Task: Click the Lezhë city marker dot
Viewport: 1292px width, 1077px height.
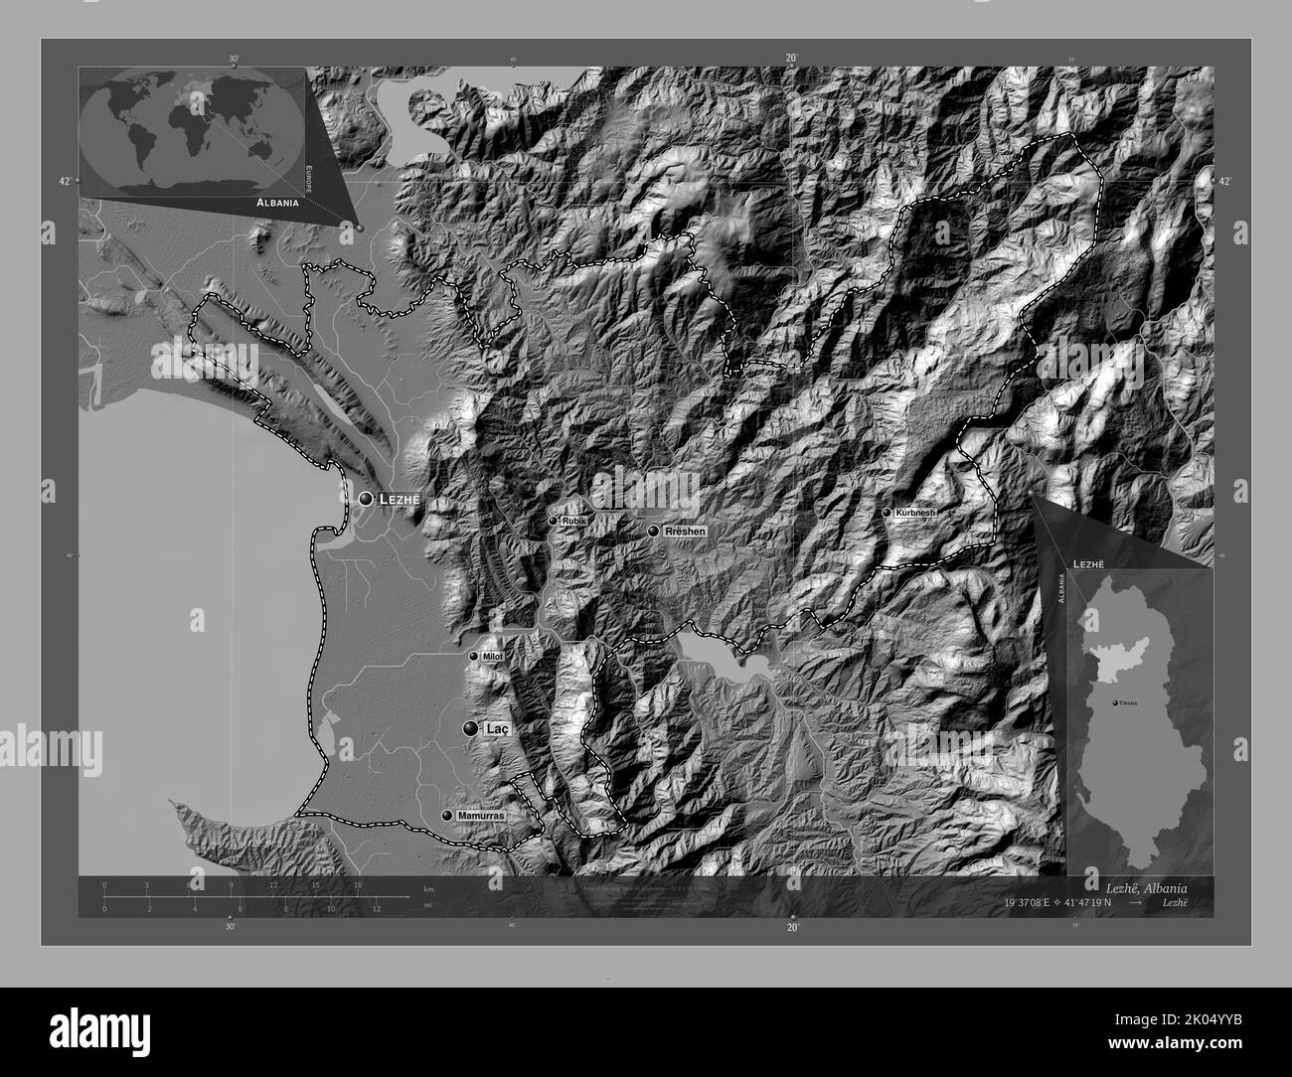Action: [x=367, y=498]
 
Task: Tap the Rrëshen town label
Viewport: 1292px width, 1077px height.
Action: [x=686, y=532]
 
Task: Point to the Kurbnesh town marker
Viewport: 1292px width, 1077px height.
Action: [x=887, y=513]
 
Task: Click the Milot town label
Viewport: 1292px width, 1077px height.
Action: [x=493, y=657]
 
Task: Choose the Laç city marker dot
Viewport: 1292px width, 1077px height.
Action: [x=469, y=728]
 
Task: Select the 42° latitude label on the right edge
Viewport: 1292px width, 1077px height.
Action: [x=1223, y=181]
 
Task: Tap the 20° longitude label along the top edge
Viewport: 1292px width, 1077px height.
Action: [x=791, y=59]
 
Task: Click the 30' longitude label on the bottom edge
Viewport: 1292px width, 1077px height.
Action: [x=231, y=927]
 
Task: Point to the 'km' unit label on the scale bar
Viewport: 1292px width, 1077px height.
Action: [x=429, y=889]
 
